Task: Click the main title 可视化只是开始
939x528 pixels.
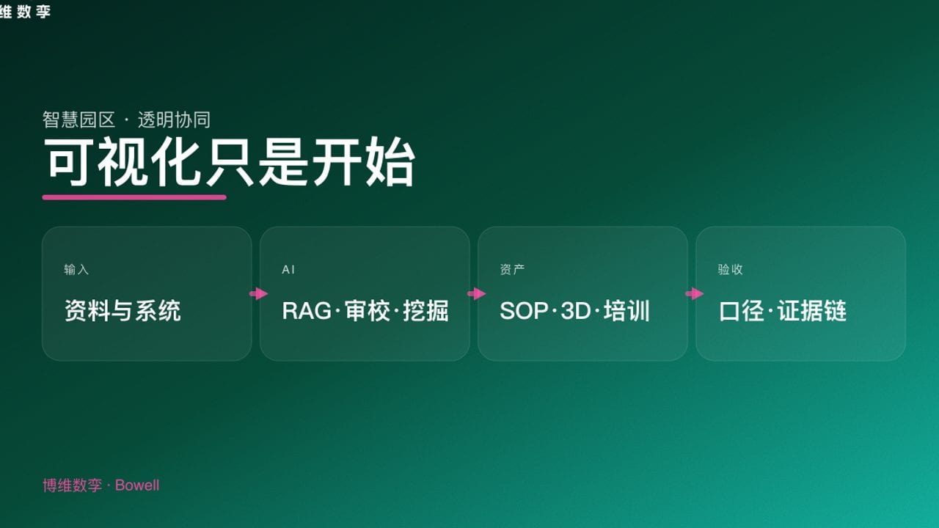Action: pyautogui.click(x=229, y=162)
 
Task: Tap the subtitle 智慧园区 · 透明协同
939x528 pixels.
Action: pyautogui.click(x=126, y=120)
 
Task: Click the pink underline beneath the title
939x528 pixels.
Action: pyautogui.click(x=134, y=197)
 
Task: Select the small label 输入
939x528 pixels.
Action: pyautogui.click(x=76, y=270)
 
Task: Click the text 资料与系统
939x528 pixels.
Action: pyautogui.click(x=123, y=311)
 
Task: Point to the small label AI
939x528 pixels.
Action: pyautogui.click(x=288, y=270)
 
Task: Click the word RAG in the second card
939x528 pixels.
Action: pyautogui.click(x=307, y=311)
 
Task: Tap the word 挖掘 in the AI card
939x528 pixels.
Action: pyautogui.click(x=425, y=311)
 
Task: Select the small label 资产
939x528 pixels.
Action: pyautogui.click(x=512, y=270)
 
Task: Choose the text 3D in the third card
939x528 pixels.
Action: pyautogui.click(x=576, y=311)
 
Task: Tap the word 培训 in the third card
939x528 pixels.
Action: pyautogui.click(x=627, y=311)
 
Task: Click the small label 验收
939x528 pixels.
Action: pyautogui.click(x=730, y=270)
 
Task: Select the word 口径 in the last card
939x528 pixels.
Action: pyautogui.click(x=742, y=311)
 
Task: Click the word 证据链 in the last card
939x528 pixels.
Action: pyautogui.click(x=813, y=311)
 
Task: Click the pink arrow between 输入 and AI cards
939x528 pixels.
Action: pyautogui.click(x=258, y=294)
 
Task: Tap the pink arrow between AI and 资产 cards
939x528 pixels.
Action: pyautogui.click(x=476, y=294)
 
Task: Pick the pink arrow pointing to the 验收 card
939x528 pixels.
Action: pyautogui.click(x=694, y=294)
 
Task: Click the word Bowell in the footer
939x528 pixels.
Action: pyautogui.click(x=137, y=485)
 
